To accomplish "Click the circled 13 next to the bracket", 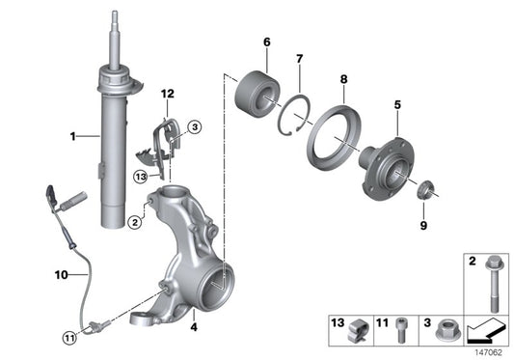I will tap(141, 176).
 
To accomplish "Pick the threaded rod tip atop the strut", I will tap(116, 18).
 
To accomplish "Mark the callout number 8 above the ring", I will tap(341, 78).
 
